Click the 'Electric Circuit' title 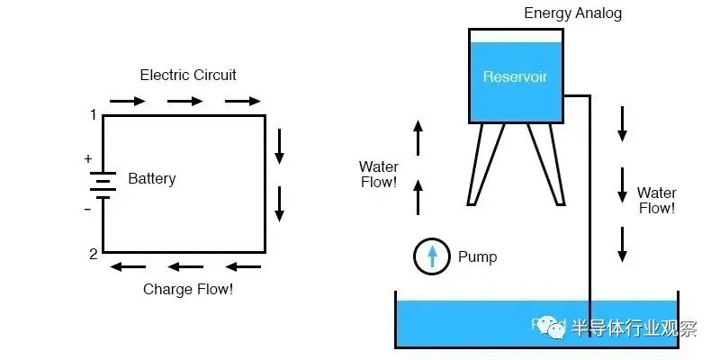point(188,75)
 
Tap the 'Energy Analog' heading point(572,13)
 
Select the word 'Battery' point(152,178)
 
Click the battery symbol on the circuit point(103,184)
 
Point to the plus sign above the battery point(88,159)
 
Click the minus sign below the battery point(88,210)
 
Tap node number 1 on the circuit point(93,114)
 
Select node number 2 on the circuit point(93,254)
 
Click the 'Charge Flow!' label point(188,290)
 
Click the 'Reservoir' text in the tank point(515,76)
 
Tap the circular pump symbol point(432,256)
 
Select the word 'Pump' point(477,256)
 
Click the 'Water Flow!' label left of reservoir point(378,175)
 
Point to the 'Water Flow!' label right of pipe point(656,201)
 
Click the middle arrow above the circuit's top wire point(185,101)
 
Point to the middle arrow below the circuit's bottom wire point(185,266)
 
